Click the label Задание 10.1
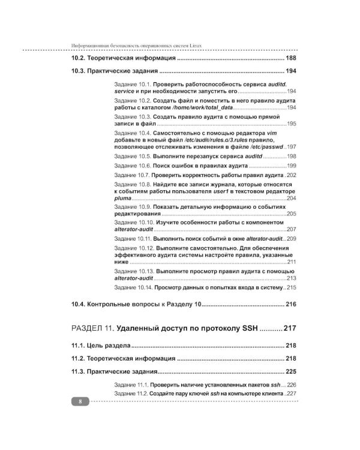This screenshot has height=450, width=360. [x=131, y=86]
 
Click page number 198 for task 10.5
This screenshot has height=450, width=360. [x=292, y=156]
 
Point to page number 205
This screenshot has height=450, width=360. [x=292, y=214]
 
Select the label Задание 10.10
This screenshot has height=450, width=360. [x=133, y=222]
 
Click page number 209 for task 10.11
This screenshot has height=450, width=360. [x=292, y=238]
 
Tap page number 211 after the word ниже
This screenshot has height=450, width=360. [x=292, y=262]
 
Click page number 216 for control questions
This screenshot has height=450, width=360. [x=292, y=305]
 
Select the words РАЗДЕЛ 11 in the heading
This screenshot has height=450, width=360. [x=91, y=329]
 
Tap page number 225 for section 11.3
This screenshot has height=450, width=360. [x=292, y=371]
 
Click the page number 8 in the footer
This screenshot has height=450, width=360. [x=79, y=401]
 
